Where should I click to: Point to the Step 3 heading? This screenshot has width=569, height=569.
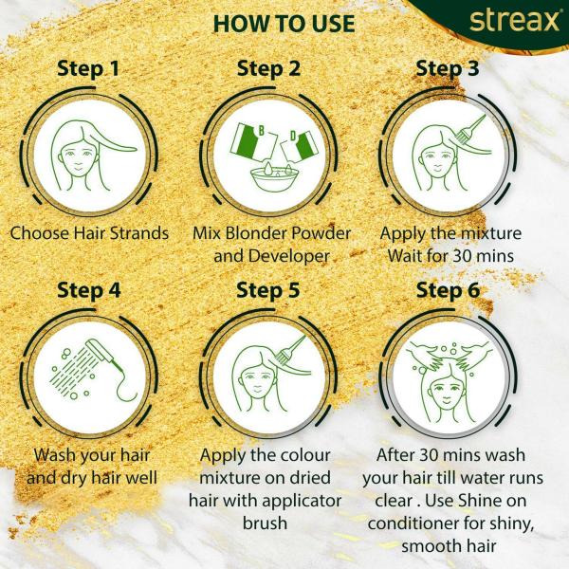click(x=448, y=68)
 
